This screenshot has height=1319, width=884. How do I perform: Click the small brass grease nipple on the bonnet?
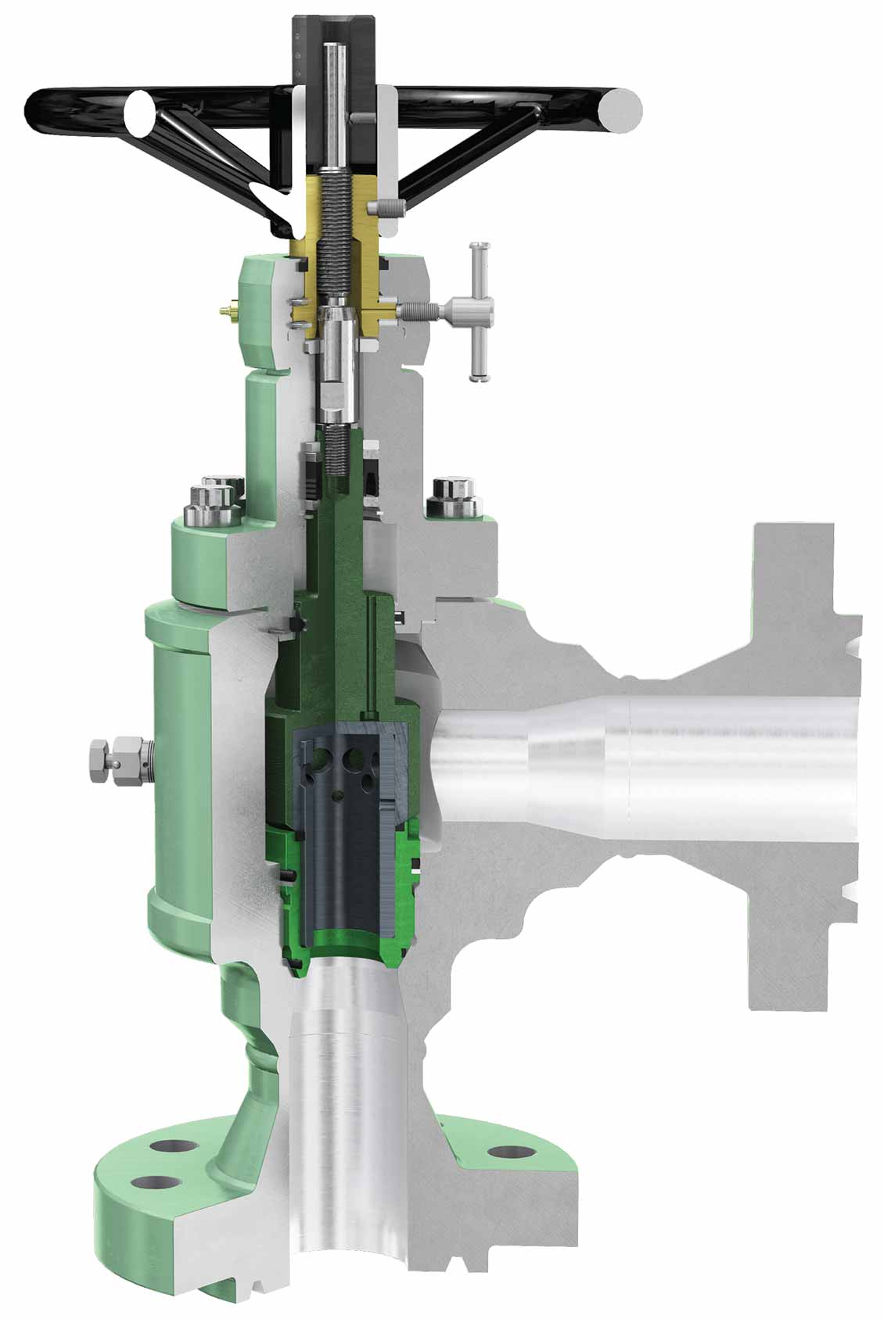tap(228, 310)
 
